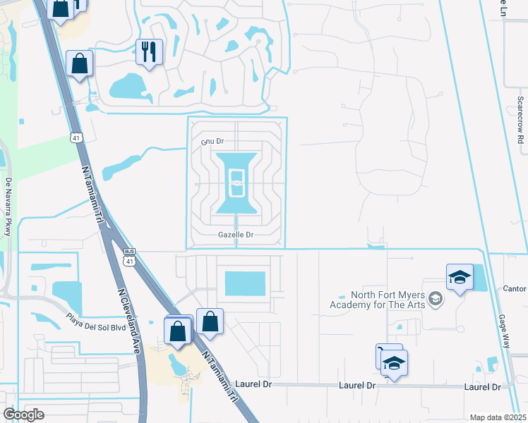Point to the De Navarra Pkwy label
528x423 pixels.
[x=8, y=206]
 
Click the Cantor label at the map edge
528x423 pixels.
[x=515, y=289]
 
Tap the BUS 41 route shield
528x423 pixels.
[x=128, y=258]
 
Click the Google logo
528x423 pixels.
[x=23, y=415]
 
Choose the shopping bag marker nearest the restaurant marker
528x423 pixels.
[x=80, y=63]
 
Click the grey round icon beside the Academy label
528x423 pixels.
[x=436, y=300]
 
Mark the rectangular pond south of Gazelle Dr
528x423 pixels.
[x=245, y=284]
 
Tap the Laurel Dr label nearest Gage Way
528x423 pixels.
[x=482, y=387]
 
